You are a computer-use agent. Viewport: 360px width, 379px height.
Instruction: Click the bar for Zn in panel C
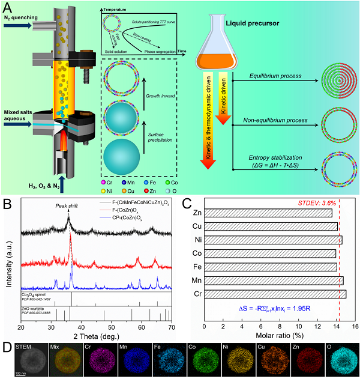point(268,213)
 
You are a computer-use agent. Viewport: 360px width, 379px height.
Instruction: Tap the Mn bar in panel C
point(274,280)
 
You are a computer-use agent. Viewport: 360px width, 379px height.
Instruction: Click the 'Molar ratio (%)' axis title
point(280,336)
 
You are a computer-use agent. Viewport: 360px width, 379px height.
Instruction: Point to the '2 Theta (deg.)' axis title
point(97,336)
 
